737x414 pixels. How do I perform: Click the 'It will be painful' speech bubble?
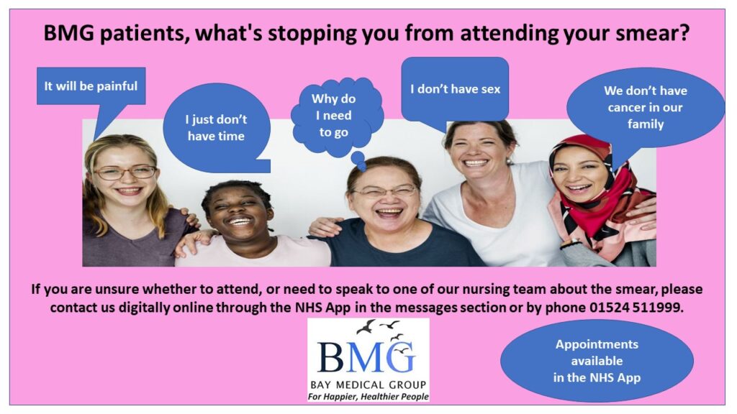click(91, 86)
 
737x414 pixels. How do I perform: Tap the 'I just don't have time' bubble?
click(216, 128)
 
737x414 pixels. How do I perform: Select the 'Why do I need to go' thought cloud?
click(337, 116)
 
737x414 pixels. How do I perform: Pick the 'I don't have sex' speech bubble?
click(455, 89)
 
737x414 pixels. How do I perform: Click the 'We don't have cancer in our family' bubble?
click(646, 108)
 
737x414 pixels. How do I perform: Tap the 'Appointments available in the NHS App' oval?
click(597, 361)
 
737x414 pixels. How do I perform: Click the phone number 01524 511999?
click(635, 308)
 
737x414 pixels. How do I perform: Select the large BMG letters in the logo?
click(366, 356)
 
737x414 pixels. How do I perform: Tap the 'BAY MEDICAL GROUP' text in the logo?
click(368, 385)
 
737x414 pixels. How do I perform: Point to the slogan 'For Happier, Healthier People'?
click(368, 397)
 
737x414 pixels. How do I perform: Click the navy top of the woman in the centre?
click(399, 247)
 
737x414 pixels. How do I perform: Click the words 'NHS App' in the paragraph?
click(322, 308)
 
